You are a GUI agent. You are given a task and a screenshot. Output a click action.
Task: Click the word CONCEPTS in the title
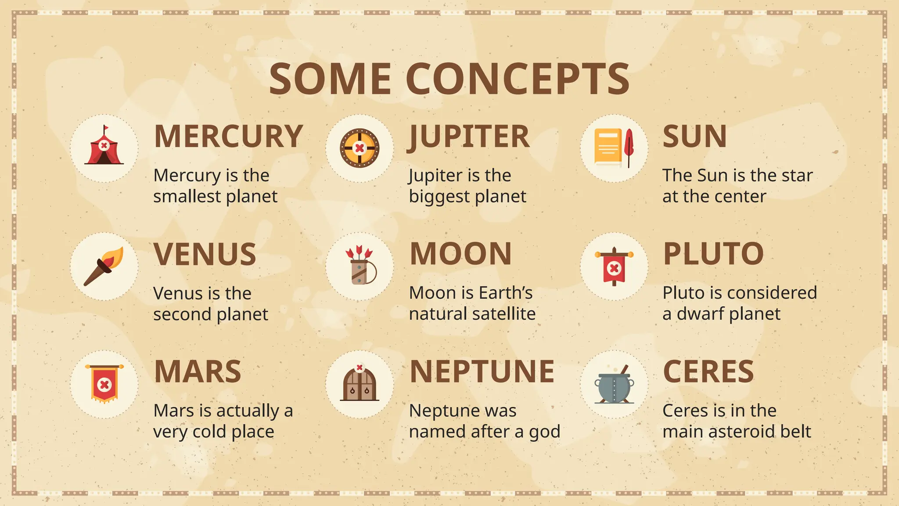tap(518, 79)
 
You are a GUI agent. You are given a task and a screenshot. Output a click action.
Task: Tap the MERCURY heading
tap(228, 137)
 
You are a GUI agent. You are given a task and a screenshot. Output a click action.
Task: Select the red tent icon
tap(104, 147)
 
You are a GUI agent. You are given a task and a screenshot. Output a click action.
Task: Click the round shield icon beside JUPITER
tap(360, 148)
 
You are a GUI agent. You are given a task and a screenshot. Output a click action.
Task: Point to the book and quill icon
tap(614, 148)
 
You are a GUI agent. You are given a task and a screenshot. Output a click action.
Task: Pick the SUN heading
tap(694, 137)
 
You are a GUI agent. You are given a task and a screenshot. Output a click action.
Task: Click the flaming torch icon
tap(104, 266)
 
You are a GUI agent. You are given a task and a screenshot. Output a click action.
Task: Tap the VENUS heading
tap(205, 254)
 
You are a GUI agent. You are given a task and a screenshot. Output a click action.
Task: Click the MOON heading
tap(460, 254)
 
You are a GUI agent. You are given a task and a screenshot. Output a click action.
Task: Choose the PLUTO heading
tap(713, 254)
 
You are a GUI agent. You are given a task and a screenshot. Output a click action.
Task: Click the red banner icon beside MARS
tap(104, 383)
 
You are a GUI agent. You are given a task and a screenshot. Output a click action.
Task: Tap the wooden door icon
tap(360, 383)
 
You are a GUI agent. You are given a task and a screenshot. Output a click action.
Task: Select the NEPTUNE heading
tap(482, 372)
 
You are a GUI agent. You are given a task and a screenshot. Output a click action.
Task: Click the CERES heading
tap(708, 372)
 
